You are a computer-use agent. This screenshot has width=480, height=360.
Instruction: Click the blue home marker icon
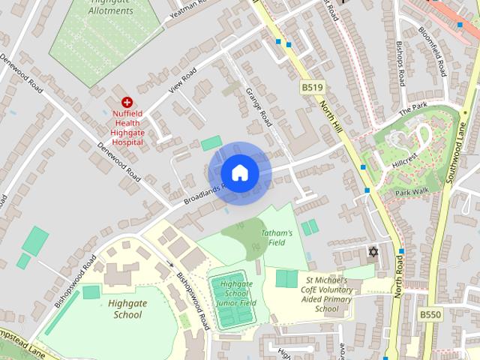239,172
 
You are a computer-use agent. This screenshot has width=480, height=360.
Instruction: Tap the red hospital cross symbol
127,101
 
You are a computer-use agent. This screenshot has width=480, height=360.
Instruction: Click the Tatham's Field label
277,238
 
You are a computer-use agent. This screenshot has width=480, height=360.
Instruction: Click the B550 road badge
430,315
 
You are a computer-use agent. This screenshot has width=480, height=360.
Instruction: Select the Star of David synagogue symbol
371,250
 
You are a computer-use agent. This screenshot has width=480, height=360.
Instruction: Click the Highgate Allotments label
111,10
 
